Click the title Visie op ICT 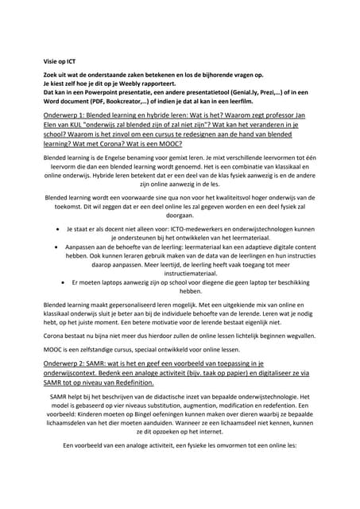pyautogui.click(x=60, y=60)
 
